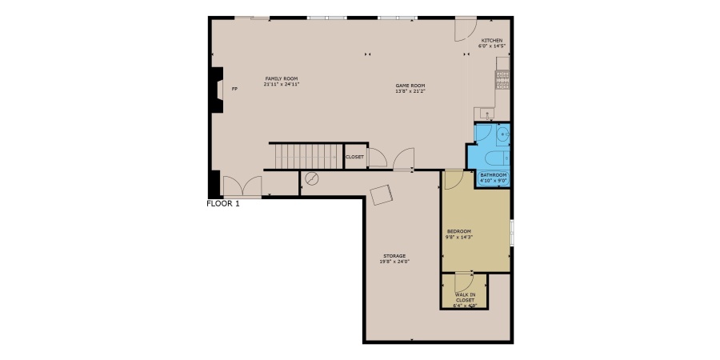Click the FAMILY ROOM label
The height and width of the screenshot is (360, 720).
[281, 78]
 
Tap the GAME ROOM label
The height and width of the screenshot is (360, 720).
[410, 86]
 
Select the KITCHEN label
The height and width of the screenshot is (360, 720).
[491, 40]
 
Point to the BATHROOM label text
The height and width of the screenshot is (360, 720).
[493, 175]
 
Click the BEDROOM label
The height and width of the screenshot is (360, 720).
[459, 231]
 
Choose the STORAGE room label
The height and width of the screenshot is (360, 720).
[394, 256]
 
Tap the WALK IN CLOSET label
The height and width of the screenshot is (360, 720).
[465, 297]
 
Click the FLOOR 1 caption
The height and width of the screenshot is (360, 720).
[223, 203]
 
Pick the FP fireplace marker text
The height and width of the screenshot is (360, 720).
[234, 89]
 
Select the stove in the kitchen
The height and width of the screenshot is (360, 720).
[502, 77]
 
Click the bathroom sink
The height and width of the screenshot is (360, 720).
[502, 135]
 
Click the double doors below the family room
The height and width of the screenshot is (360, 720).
[242, 186]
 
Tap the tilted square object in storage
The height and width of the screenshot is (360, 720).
[381, 194]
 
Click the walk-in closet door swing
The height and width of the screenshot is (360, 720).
[464, 283]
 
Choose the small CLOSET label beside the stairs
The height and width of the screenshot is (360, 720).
[354, 157]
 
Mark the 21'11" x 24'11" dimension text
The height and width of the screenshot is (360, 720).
[281, 84]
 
